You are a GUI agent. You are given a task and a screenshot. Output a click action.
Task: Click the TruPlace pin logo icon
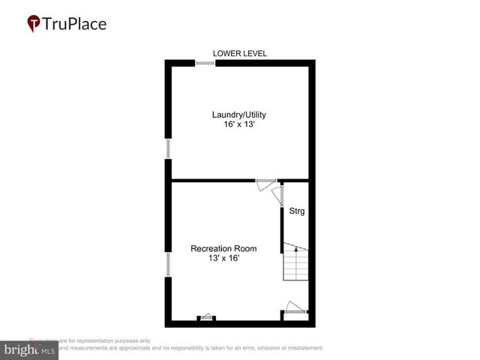click(34, 23)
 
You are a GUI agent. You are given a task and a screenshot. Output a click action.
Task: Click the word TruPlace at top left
click(75, 23)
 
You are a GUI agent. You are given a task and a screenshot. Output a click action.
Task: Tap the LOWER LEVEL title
click(240, 53)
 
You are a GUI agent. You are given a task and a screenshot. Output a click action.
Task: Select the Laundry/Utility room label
click(239, 115)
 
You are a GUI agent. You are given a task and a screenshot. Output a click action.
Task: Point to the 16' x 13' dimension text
click(239, 124)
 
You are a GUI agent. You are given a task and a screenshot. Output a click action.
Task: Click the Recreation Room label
click(223, 249)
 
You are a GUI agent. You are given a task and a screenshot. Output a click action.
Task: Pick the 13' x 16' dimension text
click(223, 259)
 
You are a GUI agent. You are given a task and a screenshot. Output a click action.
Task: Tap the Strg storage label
click(297, 211)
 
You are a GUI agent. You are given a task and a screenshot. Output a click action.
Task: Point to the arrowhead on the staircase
click(296, 248)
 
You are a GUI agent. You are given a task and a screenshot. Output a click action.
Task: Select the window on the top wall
click(205, 63)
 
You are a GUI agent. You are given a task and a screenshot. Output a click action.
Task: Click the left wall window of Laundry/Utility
click(168, 148)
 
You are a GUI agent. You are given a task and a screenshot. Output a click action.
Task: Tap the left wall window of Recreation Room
click(168, 264)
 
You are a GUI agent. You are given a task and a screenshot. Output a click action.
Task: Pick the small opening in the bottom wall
click(206, 318)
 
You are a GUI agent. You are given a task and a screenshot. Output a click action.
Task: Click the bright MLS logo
click(30, 350)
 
